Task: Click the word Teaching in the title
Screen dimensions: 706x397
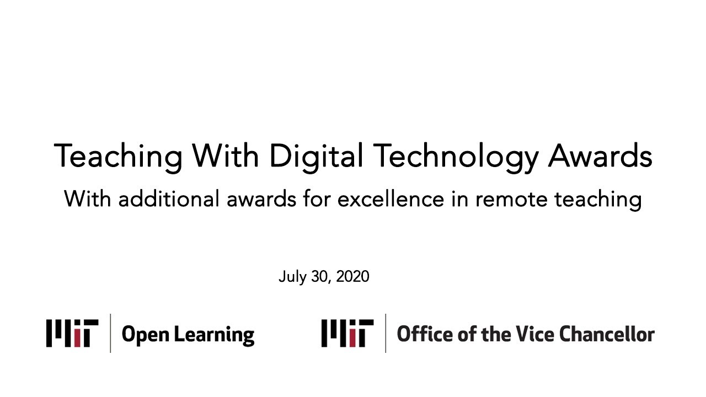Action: [x=118, y=157]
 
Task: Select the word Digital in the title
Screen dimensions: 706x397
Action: [x=316, y=157]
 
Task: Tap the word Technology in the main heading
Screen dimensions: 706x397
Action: [x=456, y=157]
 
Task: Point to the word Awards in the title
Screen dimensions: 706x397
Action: [x=600, y=156]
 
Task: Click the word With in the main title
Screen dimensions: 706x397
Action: [x=226, y=155]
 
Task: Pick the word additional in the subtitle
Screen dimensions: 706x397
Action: [x=169, y=199]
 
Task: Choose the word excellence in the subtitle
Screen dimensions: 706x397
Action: [x=391, y=199]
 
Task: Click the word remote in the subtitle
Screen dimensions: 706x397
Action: [x=511, y=200]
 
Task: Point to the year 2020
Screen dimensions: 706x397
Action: [x=352, y=276]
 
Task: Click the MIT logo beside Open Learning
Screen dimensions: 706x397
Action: [x=72, y=333]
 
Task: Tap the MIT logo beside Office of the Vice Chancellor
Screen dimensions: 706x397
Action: [x=347, y=333]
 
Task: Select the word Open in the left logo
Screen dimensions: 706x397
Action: [x=145, y=335]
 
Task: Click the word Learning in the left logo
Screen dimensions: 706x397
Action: [x=214, y=335]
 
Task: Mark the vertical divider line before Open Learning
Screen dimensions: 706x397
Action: [x=110, y=333]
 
